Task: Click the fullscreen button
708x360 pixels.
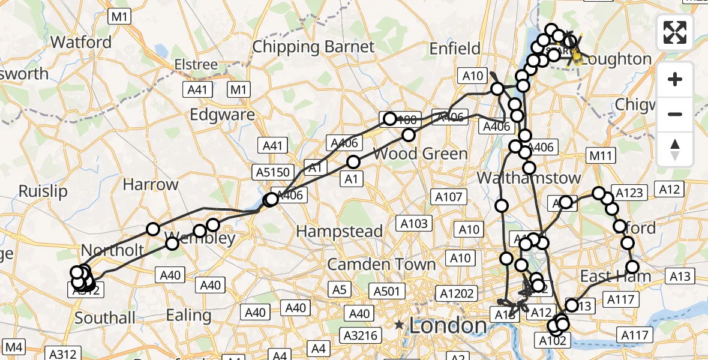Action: coord(675,32)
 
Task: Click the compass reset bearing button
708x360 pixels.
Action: coord(675,149)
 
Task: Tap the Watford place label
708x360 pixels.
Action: coord(81,42)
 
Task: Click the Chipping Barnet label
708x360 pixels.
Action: coord(313,47)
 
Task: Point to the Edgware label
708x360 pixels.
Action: coord(231,115)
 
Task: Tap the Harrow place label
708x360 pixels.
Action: coord(151,184)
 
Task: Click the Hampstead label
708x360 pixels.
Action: coord(339,231)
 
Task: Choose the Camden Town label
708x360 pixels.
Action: coord(381,264)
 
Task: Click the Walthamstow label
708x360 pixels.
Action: coord(529,178)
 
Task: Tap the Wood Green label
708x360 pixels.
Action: coord(420,154)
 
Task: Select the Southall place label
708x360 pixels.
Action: coord(105,317)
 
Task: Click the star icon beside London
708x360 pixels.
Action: coord(400,325)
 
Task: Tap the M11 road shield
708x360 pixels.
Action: coord(600,157)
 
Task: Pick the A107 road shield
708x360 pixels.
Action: coord(448,196)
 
